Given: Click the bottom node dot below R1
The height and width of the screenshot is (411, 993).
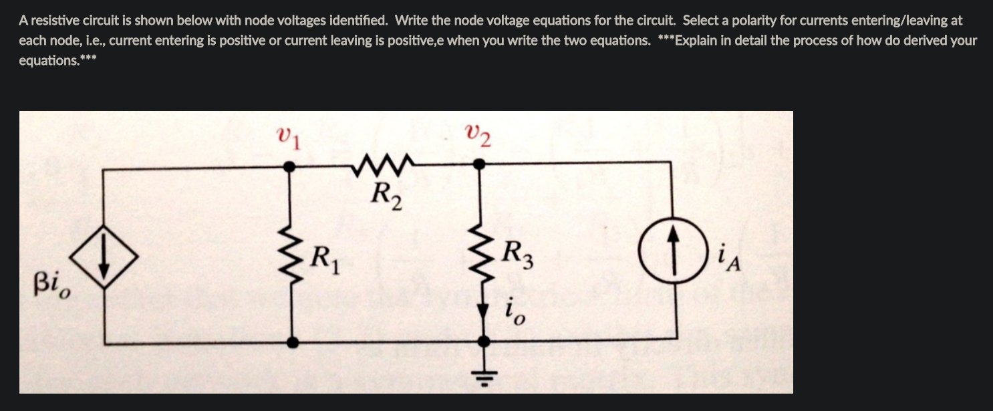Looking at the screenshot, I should (291, 342).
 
